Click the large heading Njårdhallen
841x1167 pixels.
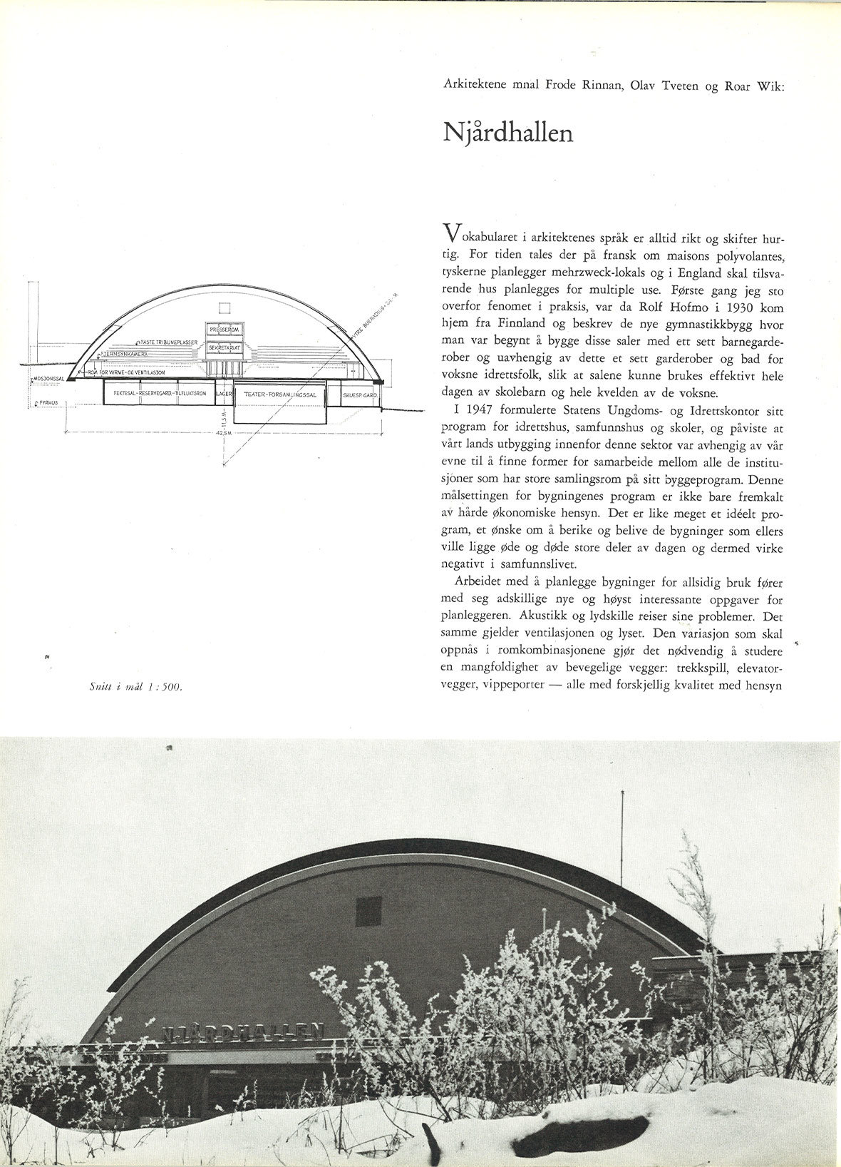point(507,133)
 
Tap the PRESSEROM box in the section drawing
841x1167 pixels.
point(226,330)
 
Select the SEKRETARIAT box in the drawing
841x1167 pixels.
point(226,347)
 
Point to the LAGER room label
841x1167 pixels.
point(224,393)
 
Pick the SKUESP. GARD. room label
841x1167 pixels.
point(359,393)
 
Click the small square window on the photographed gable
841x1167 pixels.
point(363,907)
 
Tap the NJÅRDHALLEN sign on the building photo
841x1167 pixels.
point(242,1031)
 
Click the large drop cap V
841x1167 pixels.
point(450,232)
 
